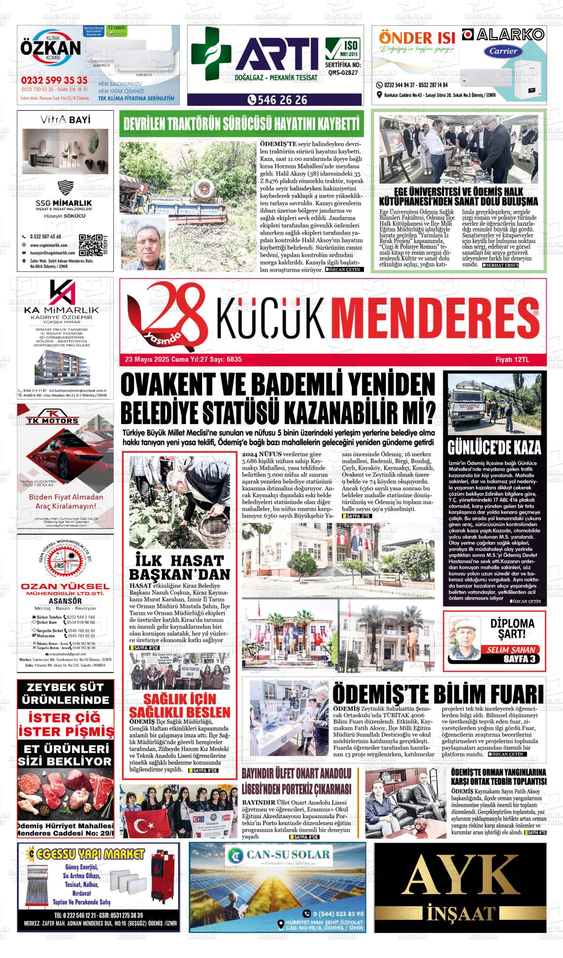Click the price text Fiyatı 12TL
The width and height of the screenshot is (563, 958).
click(512, 359)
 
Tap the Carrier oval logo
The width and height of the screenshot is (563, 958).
click(503, 51)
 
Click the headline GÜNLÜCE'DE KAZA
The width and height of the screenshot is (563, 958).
click(494, 447)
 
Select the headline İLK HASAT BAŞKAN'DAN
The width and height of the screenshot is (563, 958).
click(179, 567)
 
